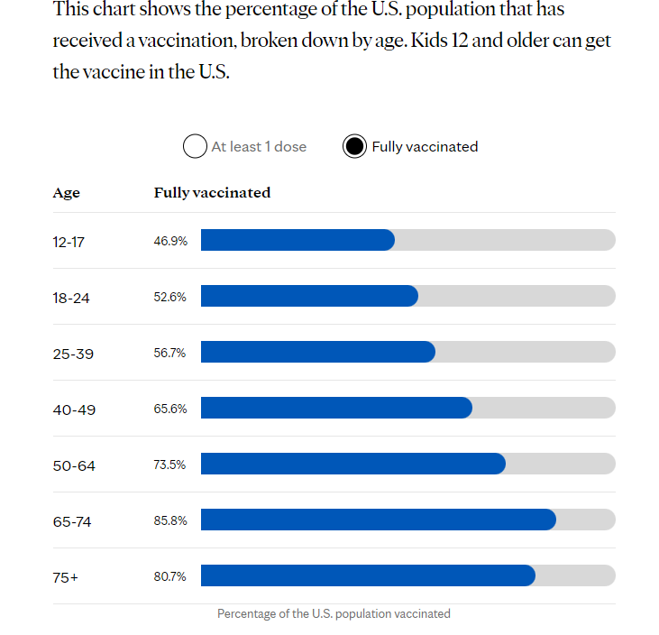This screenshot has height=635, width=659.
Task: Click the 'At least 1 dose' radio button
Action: pos(195,146)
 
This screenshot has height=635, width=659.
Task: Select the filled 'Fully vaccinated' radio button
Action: pos(354,146)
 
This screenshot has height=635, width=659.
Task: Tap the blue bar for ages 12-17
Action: pos(297,240)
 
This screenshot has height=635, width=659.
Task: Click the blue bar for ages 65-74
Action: pos(378,520)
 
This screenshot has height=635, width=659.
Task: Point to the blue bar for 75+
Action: pos(368,575)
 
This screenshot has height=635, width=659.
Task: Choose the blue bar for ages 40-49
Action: pos(336,408)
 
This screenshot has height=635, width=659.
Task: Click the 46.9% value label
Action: pos(170,241)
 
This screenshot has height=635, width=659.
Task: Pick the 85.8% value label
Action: pos(170,520)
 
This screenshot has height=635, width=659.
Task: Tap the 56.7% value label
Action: pos(170,353)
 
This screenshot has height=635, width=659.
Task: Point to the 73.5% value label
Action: pos(170,465)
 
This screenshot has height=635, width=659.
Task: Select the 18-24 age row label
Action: pos(71,298)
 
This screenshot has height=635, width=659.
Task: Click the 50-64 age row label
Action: pos(74,465)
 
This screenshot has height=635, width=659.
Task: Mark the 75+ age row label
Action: pos(66,577)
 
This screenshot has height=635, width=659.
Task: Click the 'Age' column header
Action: pos(66,193)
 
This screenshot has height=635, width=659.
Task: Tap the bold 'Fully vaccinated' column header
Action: pos(212,193)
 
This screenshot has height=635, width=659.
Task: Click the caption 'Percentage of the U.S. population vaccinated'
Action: pos(334,613)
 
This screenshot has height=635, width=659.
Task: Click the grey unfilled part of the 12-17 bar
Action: pos(505,240)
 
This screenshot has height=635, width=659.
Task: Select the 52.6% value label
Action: pos(170,297)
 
